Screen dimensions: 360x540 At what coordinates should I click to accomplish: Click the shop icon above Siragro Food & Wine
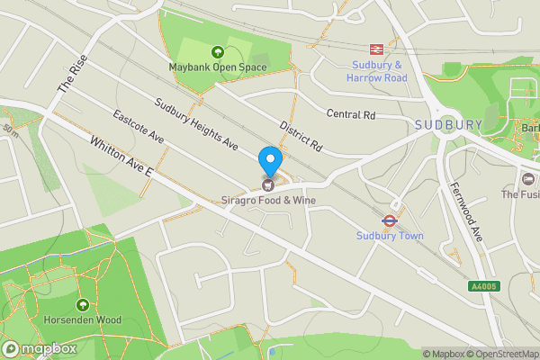pyautogui.click(x=268, y=184)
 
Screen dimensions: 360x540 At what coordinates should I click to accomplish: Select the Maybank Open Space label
pyautogui.click(x=216, y=67)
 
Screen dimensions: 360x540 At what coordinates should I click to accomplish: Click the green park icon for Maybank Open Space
pyautogui.click(x=216, y=52)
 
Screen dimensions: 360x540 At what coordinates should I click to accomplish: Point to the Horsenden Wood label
pyautogui.click(x=82, y=319)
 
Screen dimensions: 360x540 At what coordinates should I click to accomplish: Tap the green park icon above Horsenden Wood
pyautogui.click(x=83, y=305)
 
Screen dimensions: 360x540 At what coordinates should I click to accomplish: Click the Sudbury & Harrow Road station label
pyautogui.click(x=376, y=72)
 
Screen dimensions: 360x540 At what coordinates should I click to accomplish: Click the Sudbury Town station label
pyautogui.click(x=389, y=236)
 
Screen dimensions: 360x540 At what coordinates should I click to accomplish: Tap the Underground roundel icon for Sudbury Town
pyautogui.click(x=390, y=220)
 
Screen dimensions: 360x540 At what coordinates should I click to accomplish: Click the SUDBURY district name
pyautogui.click(x=448, y=124)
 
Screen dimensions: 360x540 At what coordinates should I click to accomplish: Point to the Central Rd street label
pyautogui.click(x=350, y=115)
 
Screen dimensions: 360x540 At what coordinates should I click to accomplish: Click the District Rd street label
pyautogui.click(x=301, y=134)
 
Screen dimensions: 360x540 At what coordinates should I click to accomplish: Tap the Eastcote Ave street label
pyautogui.click(x=138, y=128)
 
